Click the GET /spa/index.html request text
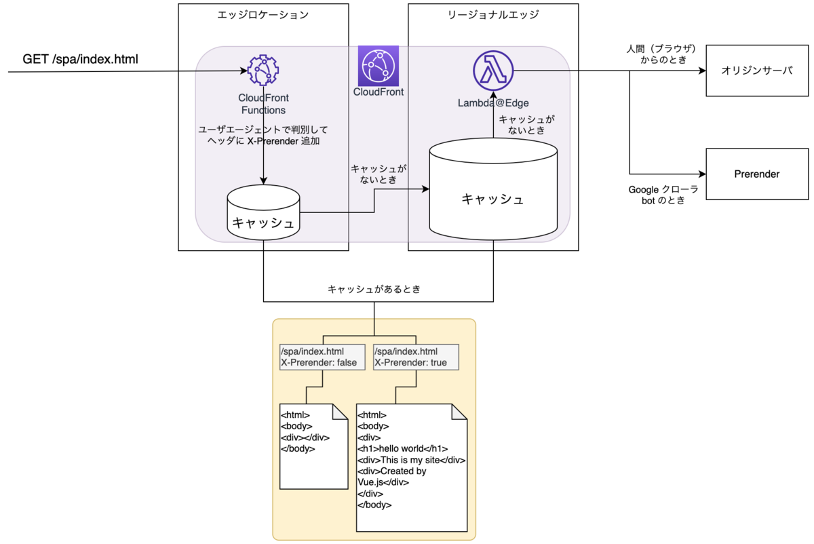click(x=81, y=59)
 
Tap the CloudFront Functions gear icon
click(x=264, y=71)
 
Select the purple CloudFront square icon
click(x=379, y=65)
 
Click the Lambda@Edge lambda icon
click(x=493, y=70)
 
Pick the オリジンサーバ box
click(x=756, y=71)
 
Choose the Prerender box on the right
click(x=756, y=174)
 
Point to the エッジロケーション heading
click(x=263, y=15)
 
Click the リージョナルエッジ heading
click(x=493, y=15)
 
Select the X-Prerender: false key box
click(x=318, y=357)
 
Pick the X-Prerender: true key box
click(x=415, y=357)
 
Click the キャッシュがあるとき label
click(x=374, y=289)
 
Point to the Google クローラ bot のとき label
click(x=663, y=195)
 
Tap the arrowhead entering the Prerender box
click(x=703, y=174)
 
